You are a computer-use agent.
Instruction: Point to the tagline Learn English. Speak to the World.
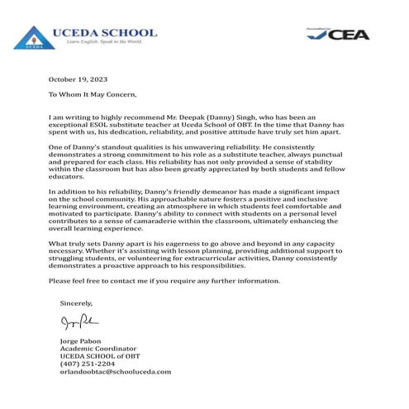point(98,40)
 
